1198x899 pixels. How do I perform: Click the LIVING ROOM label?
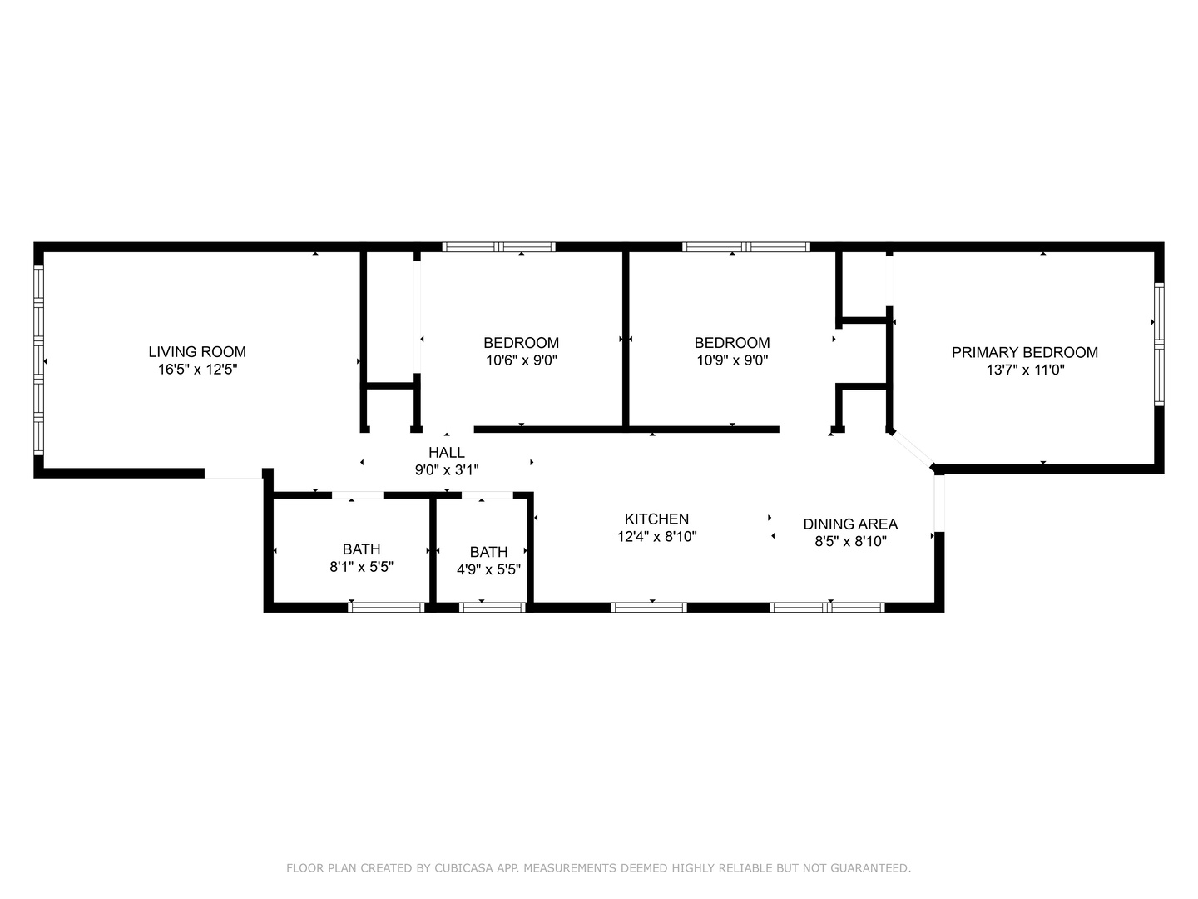[197, 352]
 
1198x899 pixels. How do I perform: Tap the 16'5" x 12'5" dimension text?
[197, 370]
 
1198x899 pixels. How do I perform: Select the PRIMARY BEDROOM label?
[1024, 353]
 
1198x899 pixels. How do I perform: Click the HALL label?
[447, 453]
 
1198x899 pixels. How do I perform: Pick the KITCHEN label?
[656, 519]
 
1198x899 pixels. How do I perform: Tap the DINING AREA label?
[849, 524]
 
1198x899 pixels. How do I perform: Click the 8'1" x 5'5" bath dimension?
[361, 568]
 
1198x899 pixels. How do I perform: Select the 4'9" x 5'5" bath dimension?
[488, 570]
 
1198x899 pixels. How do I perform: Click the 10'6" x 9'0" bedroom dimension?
[521, 361]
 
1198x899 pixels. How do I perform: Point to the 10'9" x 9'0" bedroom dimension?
[732, 361]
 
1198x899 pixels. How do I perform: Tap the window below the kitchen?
[648, 608]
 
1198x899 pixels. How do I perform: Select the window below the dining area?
[827, 608]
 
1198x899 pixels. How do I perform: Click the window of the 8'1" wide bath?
[386, 608]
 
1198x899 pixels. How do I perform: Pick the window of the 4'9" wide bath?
[492, 608]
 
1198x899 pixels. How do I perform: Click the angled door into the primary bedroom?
[913, 449]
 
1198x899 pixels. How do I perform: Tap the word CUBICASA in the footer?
[463, 868]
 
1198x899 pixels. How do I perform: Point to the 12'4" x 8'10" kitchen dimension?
[656, 538]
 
